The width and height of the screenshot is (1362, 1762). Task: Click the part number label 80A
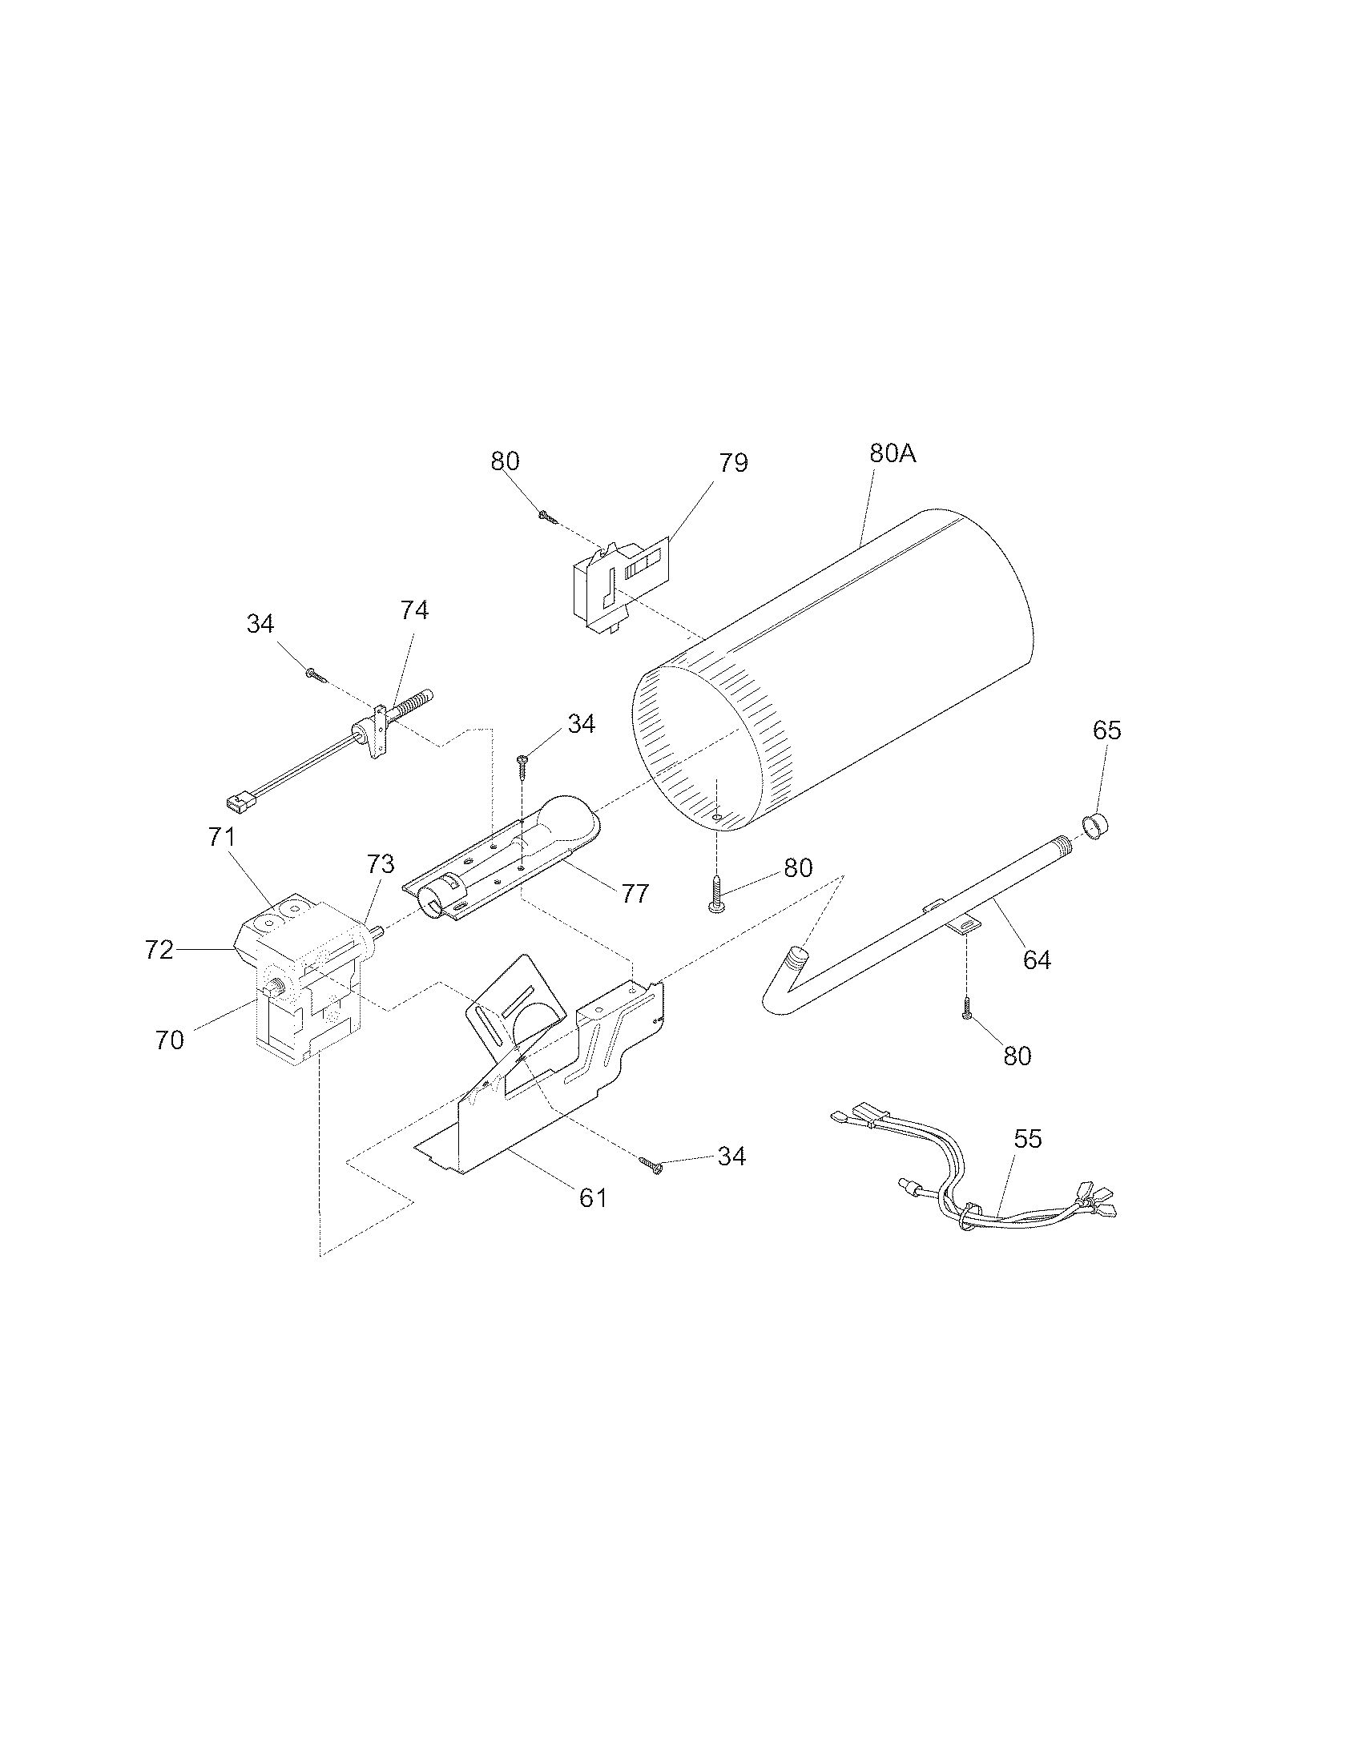click(893, 453)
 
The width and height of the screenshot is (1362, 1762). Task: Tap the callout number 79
click(733, 463)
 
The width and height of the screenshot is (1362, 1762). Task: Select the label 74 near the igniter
click(414, 610)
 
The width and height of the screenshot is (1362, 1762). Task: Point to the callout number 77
click(635, 894)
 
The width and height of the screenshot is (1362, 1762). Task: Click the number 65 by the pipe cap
click(1107, 730)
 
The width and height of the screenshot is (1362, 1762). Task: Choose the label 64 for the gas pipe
click(1037, 959)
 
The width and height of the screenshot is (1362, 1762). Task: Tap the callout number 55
click(1028, 1139)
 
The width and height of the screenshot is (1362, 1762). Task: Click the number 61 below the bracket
click(593, 1198)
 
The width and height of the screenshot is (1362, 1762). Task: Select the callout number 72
click(159, 951)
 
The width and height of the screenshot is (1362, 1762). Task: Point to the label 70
click(169, 1040)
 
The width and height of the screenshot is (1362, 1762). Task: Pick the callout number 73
click(381, 864)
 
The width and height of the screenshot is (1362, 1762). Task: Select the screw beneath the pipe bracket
click(967, 1009)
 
